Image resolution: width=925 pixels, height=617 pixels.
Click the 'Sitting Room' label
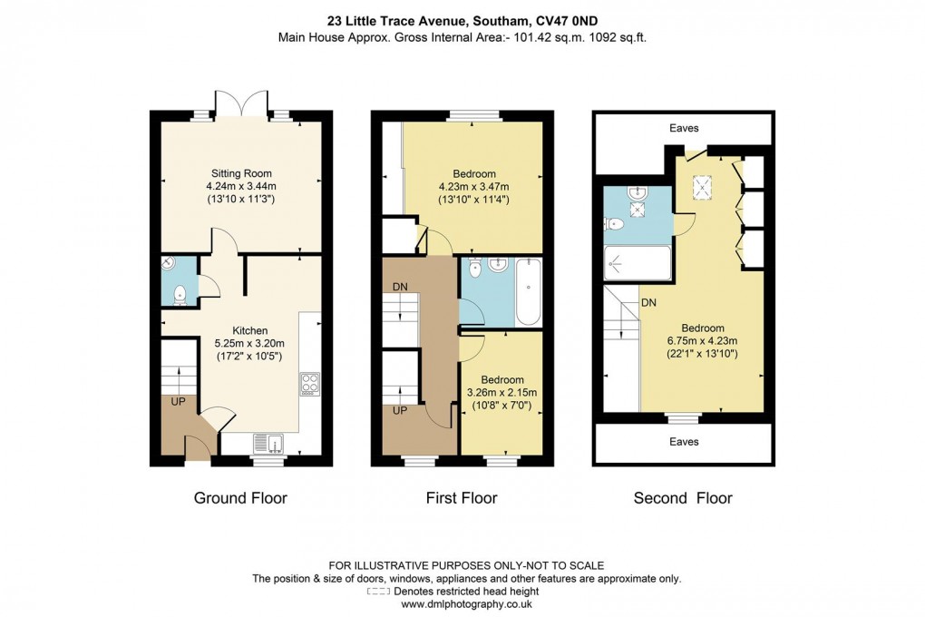(241, 173)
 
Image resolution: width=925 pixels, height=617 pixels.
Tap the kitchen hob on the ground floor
(309, 385)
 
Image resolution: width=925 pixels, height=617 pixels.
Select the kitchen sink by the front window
(270, 443)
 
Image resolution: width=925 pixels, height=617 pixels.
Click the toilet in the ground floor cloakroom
(180, 293)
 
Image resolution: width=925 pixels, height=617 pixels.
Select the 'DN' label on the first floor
(400, 287)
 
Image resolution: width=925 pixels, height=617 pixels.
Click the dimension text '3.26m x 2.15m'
(501, 392)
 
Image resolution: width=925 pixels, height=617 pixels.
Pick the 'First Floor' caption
(462, 498)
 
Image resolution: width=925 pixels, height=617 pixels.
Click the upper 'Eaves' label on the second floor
(685, 129)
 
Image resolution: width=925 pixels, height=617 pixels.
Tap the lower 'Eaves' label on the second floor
(685, 442)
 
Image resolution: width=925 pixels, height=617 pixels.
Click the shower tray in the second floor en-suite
(638, 264)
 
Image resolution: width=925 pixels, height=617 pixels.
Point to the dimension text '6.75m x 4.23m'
(703, 341)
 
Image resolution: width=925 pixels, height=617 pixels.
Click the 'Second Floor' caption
(683, 498)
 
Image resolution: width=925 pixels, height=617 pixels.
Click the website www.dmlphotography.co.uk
(462, 603)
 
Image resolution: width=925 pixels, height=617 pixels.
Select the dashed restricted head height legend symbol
(377, 592)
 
